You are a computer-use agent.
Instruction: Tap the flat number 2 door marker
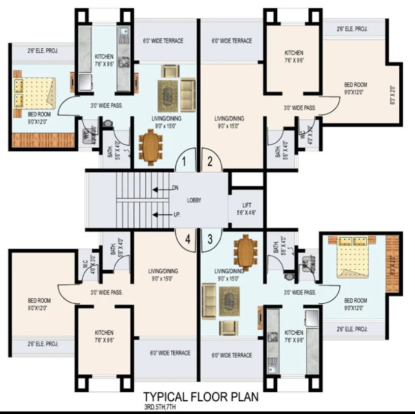[x=210, y=163]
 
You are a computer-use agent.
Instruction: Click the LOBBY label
[x=194, y=200]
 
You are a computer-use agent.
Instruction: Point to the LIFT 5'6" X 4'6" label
[x=246, y=209]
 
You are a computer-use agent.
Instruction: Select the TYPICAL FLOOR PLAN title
[x=201, y=396]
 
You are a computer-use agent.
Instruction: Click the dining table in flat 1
[x=151, y=147]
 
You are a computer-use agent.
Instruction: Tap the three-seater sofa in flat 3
[x=208, y=301]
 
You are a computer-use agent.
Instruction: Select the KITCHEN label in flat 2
[x=294, y=56]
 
